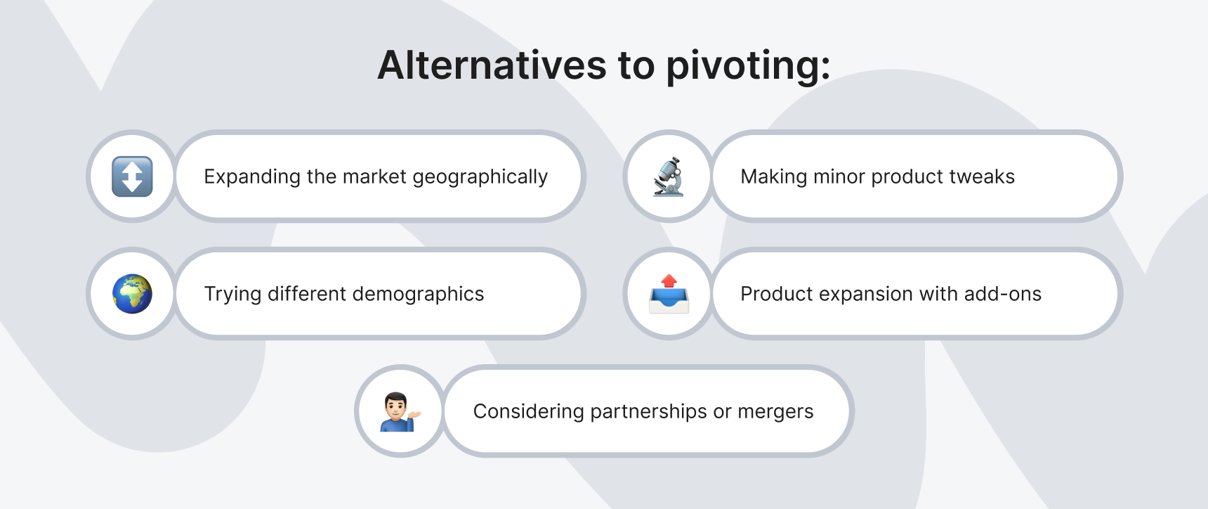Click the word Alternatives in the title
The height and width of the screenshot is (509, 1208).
[492, 65]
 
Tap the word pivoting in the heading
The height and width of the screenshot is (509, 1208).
[747, 67]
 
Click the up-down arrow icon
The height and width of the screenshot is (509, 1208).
[132, 176]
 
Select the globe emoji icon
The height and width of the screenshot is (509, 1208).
[132, 294]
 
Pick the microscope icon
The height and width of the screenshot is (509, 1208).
[669, 176]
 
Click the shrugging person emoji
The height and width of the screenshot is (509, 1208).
[400, 411]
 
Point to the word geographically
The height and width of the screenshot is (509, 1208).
[480, 177]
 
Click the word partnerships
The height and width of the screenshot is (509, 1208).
[648, 412]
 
